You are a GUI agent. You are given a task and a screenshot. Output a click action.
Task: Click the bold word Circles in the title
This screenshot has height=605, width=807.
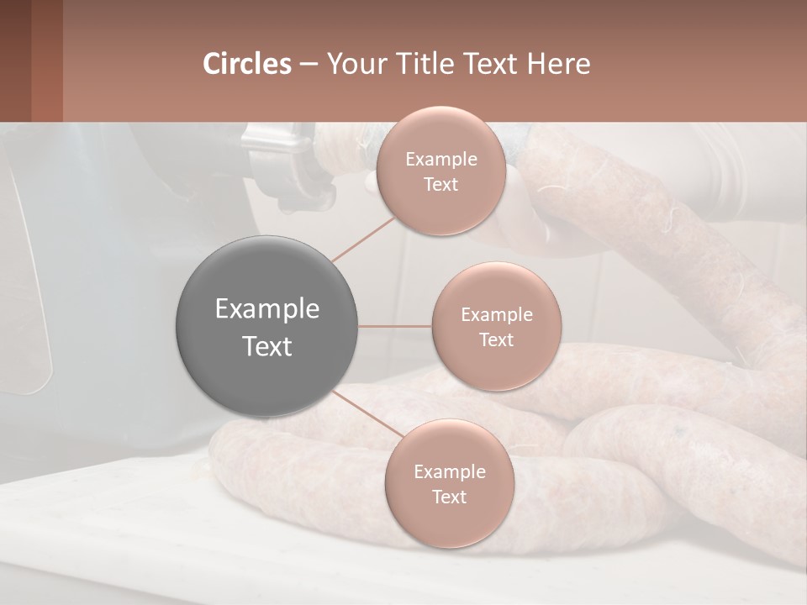click(x=246, y=64)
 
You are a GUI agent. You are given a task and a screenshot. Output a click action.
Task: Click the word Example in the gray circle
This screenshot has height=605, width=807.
click(x=266, y=309)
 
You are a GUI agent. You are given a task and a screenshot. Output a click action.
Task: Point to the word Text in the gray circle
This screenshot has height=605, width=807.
click(x=266, y=346)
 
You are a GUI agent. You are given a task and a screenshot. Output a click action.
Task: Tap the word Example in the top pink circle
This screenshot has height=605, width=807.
click(x=440, y=160)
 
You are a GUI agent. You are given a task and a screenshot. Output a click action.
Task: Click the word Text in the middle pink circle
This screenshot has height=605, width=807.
click(x=496, y=340)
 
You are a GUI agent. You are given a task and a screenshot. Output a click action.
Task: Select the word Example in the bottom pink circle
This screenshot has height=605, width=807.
click(x=449, y=472)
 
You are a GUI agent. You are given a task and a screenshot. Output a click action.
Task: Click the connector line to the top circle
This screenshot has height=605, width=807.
click(x=363, y=239)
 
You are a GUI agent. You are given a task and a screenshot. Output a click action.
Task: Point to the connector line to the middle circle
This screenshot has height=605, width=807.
click(x=395, y=326)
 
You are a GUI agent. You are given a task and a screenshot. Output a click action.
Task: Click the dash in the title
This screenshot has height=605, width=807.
click(x=309, y=64)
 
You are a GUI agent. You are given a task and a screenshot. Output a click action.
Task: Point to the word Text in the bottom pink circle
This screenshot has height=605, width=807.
click(x=449, y=497)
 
